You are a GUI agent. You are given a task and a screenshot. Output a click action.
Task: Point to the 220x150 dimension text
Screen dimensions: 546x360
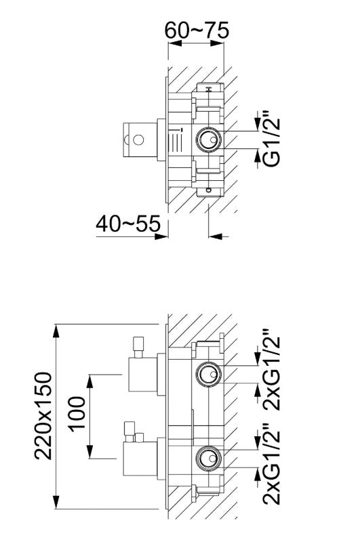[44, 415]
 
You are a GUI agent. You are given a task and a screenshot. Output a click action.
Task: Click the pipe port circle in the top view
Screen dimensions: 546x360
[208, 141]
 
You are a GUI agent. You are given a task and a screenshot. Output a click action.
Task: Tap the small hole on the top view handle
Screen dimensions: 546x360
[138, 141]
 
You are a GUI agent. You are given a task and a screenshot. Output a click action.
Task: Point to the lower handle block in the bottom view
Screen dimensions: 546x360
[141, 459]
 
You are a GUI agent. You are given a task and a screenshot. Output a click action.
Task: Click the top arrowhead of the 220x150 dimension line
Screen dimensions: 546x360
[57, 329]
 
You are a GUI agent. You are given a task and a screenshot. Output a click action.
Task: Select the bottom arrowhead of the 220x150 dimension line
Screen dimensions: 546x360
[57, 504]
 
